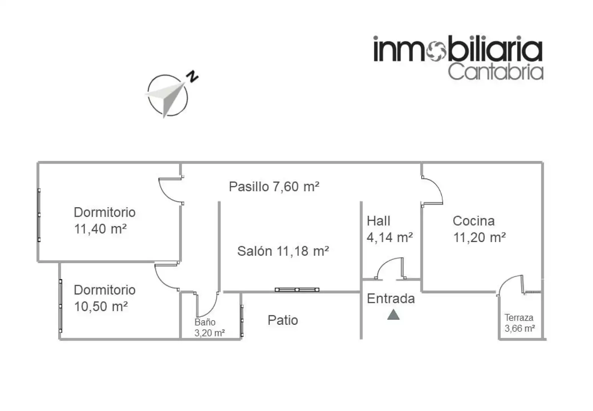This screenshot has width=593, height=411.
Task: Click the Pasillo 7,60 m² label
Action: pyautogui.click(x=274, y=187)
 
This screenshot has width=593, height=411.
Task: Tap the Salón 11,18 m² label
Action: pyautogui.click(x=283, y=251)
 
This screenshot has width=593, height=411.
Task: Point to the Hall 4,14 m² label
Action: pyautogui.click(x=390, y=229)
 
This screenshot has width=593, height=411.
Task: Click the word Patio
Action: pyautogui.click(x=283, y=320)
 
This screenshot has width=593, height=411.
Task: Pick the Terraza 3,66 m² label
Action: pyautogui.click(x=520, y=323)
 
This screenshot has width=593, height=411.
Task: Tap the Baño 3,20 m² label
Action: pyautogui.click(x=210, y=327)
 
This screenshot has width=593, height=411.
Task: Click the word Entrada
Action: pyautogui.click(x=391, y=299)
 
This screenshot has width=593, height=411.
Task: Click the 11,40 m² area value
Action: pyautogui.click(x=100, y=229)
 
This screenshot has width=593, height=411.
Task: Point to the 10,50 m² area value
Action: pyautogui.click(x=101, y=306)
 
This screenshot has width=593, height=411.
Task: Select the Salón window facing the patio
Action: pyautogui.click(x=297, y=290)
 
